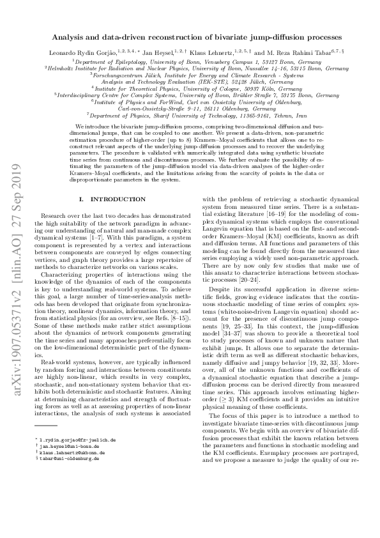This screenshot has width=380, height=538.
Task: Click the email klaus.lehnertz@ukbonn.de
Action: (71, 470)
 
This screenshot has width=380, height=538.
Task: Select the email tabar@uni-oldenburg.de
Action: (68, 477)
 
